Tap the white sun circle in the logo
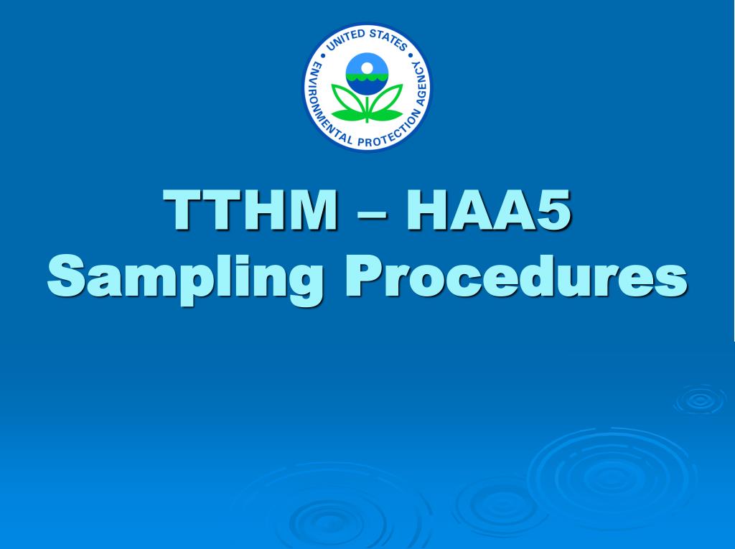click(367, 68)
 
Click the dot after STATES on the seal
click(411, 54)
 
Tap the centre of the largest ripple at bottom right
click(612, 474)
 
